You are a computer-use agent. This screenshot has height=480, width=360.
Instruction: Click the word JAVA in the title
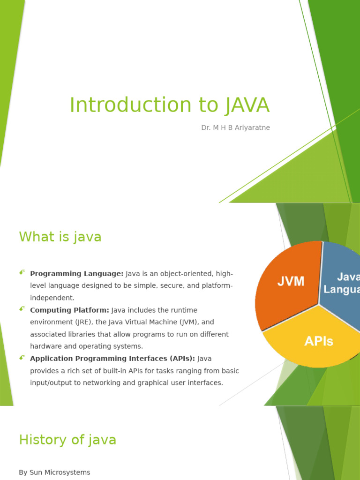[x=247, y=105]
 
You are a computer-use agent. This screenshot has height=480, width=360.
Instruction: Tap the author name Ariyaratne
[x=252, y=127]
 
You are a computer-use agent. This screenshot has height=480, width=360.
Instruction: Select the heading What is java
[x=60, y=237]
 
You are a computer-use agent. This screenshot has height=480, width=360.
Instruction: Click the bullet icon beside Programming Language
[x=22, y=272]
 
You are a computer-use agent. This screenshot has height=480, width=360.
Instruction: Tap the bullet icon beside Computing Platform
[x=22, y=309]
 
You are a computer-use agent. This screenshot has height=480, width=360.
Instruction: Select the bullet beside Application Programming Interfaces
[x=22, y=357]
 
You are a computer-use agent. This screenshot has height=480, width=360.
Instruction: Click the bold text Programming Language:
[x=76, y=274]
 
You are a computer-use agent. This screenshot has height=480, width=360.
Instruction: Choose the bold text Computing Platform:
[x=69, y=310]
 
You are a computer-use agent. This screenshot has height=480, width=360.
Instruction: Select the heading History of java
[x=67, y=440]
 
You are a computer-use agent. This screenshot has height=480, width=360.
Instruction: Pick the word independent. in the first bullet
[x=52, y=298]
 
